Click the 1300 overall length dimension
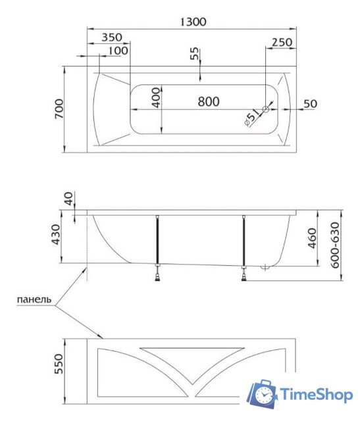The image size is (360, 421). click(x=192, y=22)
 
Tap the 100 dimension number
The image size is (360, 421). click(x=118, y=51)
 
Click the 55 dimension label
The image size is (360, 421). click(x=195, y=54)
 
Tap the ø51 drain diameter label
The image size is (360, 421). click(x=251, y=118)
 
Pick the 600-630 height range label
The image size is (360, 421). click(x=337, y=245)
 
